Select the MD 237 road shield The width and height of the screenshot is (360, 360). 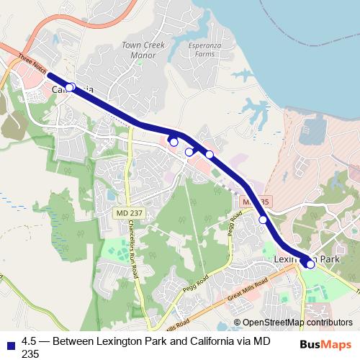coord(128,213)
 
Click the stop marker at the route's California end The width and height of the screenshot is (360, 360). coord(70,87)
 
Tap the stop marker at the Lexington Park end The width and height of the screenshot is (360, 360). coord(311,264)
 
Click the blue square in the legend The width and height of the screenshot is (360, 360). coord(9,343)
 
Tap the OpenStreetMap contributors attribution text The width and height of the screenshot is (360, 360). coord(297,323)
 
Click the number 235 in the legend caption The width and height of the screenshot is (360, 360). coord(31,354)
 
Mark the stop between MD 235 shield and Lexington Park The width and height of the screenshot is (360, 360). coord(264,220)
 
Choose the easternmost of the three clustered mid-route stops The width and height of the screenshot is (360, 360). coord(210,154)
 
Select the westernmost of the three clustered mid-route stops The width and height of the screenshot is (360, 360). coord(174,142)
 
